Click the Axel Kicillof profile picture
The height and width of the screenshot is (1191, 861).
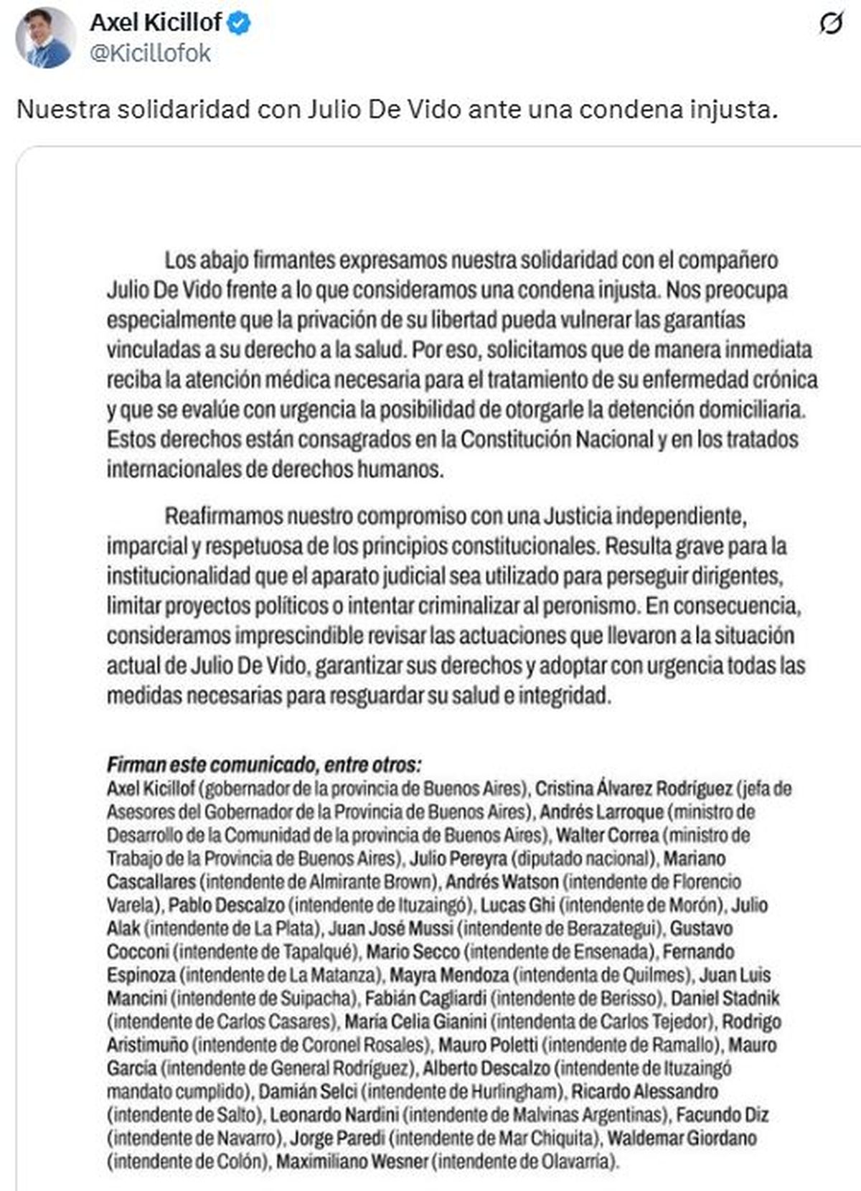point(45,39)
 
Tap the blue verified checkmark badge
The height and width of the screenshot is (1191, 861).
point(239,24)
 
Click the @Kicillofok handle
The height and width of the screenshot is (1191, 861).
point(150,53)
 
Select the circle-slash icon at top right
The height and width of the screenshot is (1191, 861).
point(831,24)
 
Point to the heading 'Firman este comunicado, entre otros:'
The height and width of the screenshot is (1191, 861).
point(264,764)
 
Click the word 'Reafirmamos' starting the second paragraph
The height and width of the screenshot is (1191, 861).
point(222,516)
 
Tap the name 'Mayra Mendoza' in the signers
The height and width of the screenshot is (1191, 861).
point(449,975)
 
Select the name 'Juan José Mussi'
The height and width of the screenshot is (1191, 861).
point(390,928)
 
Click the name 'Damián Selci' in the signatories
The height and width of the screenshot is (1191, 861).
point(308,1091)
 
